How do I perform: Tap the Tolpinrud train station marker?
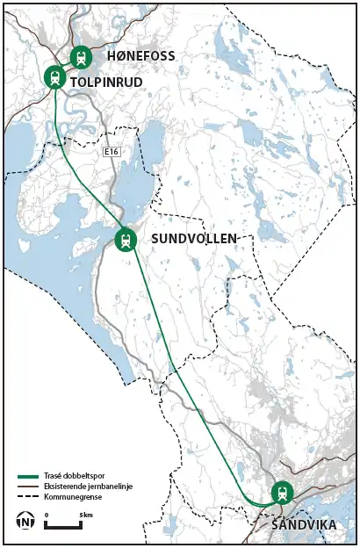point(55,78)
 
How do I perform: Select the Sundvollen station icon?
point(126,239)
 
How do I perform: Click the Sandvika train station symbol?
point(281,493)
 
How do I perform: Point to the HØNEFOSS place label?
point(140,56)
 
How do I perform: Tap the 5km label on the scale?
point(86,514)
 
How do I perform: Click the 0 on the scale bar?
point(46,514)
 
